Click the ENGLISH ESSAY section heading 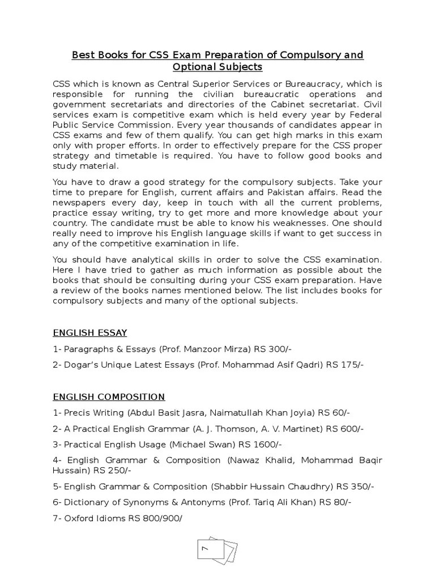coord(90,332)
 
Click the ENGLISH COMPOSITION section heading coord(109,397)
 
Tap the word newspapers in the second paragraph coord(79,203)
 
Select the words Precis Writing coord(93,413)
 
